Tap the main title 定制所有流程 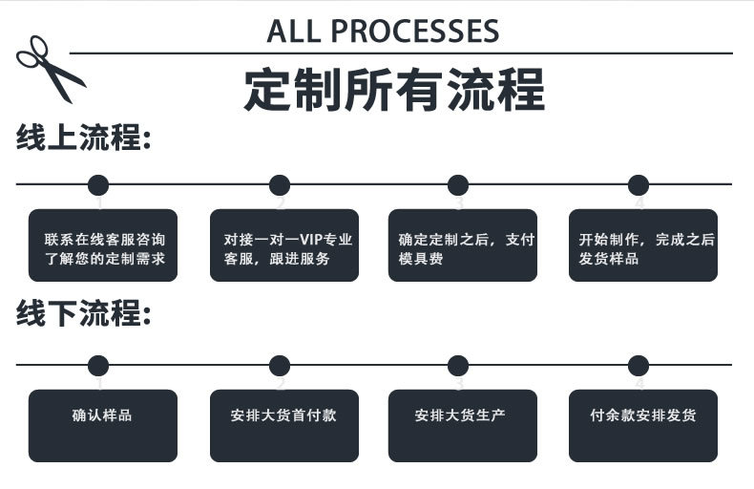tap(394, 90)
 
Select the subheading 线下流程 tap(84, 313)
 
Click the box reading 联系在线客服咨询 tap(103, 245)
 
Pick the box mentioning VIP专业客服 tap(284, 245)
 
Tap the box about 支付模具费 tap(463, 245)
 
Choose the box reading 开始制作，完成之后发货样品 tap(643, 245)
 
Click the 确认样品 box tap(103, 425)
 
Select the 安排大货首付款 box tap(284, 425)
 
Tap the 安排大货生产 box tap(463, 425)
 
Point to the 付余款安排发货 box tap(643, 425)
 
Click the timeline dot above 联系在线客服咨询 tap(98, 185)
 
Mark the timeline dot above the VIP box tap(279, 185)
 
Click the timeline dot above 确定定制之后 tap(458, 185)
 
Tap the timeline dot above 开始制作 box tap(639, 185)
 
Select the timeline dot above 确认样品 tap(98, 365)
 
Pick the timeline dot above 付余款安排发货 tap(639, 365)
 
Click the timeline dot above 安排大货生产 tap(458, 365)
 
